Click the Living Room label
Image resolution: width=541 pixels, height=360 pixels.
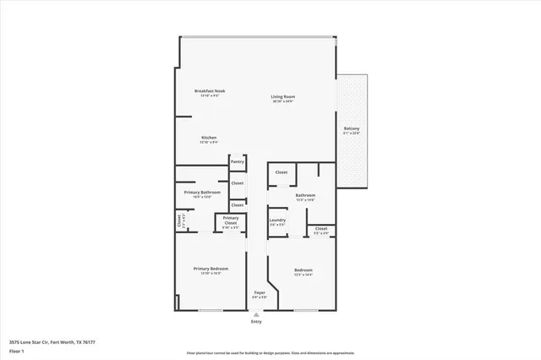coord(282,96)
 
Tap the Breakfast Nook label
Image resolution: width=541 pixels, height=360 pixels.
coord(210,90)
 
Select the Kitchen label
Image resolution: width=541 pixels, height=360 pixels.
coord(210,137)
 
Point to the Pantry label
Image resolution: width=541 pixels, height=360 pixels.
coord(237,161)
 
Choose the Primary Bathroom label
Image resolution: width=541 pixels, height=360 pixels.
coord(202,192)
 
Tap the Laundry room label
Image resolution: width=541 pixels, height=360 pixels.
coord(277,220)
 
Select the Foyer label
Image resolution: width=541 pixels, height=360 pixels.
coord(260,292)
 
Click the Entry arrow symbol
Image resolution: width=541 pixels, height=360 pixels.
coord(256,313)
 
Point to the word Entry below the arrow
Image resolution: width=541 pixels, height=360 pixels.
coord(256,322)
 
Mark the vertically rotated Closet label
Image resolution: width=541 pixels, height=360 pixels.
coord(179,220)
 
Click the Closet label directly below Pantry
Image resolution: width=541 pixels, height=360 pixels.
coord(238,183)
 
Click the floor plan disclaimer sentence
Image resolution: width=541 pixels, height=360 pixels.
coord(270,352)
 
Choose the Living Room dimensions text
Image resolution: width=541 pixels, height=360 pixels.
coord(282,101)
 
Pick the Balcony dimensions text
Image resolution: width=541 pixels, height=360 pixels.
coord(352,134)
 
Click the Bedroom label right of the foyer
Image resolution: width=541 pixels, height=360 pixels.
coord(303,269)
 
